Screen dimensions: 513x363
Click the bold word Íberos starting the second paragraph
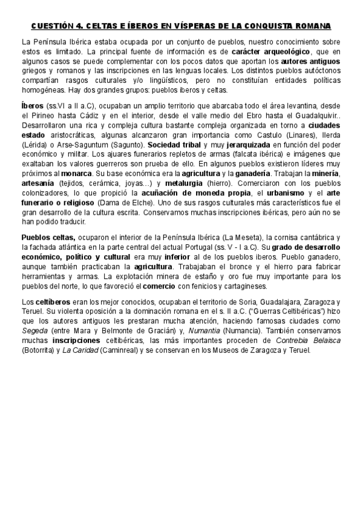pyautogui.click(x=33, y=105)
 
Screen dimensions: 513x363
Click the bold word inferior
pyautogui.click(x=165, y=258)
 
